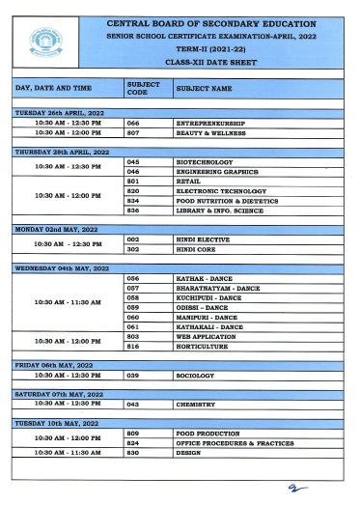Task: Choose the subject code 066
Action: click(133, 124)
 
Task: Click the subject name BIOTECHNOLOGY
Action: click(208, 162)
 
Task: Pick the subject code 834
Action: click(133, 200)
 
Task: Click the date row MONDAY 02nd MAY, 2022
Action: click(54, 229)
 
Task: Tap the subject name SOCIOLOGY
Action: click(199, 374)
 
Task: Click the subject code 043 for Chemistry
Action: click(133, 405)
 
